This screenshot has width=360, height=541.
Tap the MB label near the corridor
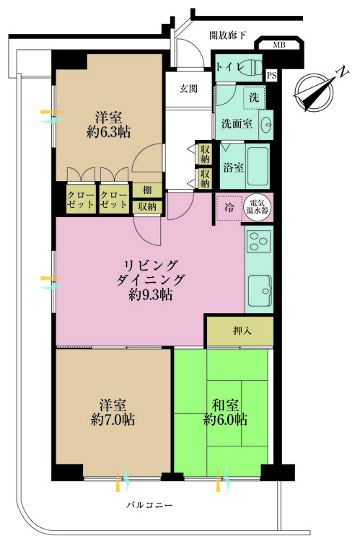278,47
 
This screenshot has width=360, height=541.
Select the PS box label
271,75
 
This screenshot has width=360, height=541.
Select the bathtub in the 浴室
258,167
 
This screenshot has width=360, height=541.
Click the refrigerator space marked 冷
229,206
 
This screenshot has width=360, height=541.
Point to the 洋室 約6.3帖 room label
110,123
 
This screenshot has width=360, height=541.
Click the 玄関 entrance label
189,89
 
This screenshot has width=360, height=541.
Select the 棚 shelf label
146,190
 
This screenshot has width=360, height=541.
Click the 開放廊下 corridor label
228,34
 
